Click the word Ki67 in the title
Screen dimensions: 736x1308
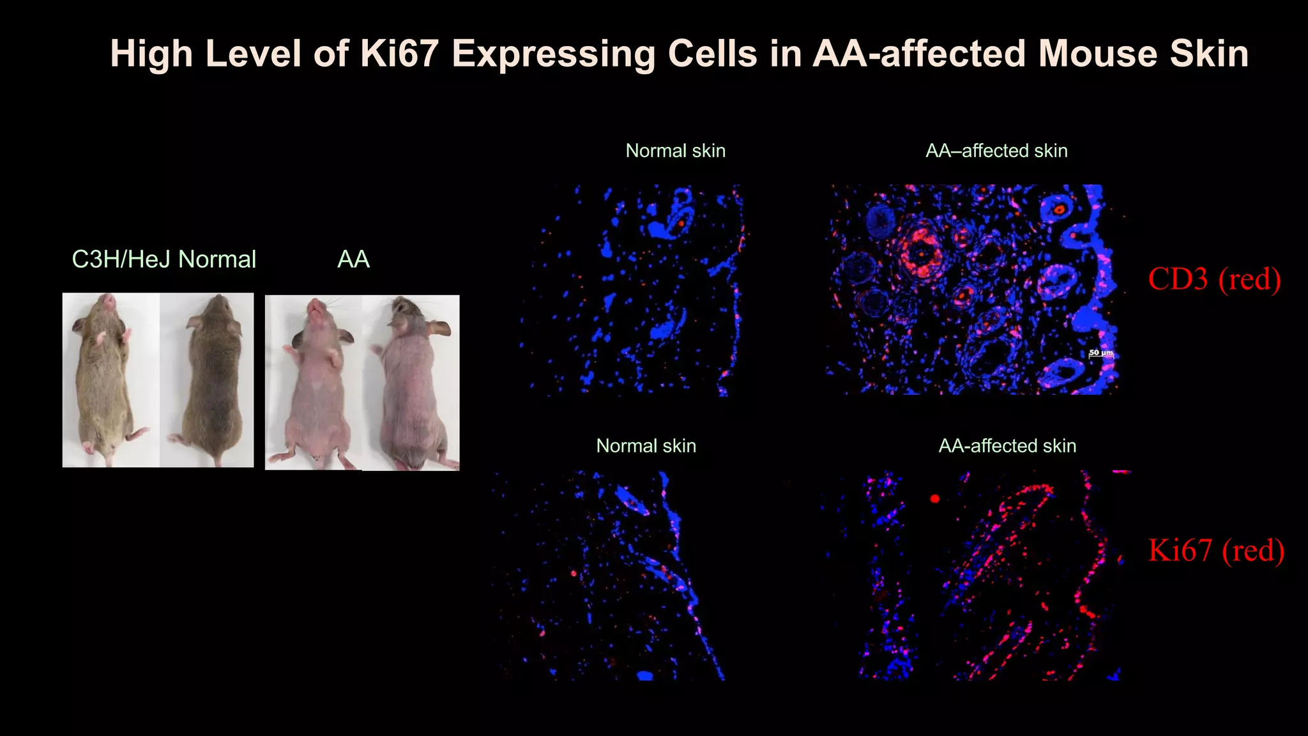tap(399, 54)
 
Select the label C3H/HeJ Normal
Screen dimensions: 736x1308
tap(163, 259)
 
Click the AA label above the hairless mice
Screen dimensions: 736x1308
tap(353, 259)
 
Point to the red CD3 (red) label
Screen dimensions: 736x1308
tap(1214, 279)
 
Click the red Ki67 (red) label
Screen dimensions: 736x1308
tap(1216, 551)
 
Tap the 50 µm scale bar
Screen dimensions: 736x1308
tap(1100, 353)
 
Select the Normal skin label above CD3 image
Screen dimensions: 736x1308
tap(675, 151)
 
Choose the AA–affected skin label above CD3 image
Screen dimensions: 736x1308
tap(996, 151)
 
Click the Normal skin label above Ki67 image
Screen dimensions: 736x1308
tap(646, 446)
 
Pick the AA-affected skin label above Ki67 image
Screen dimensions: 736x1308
tap(1007, 446)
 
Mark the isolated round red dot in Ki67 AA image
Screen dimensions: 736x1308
tap(935, 498)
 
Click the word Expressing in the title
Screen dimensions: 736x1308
tap(553, 54)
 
